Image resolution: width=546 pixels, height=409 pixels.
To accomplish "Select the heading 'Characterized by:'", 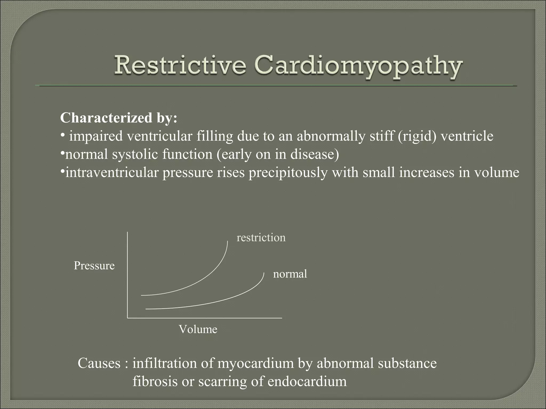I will tap(119, 118).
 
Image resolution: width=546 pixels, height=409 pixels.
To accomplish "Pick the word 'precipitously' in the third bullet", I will tap(288, 173).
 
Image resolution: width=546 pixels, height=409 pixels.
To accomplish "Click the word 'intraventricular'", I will tap(112, 173).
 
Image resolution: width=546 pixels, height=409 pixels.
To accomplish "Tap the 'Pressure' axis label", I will tap(94, 265).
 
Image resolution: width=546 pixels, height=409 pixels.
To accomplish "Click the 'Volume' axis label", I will tap(198, 329).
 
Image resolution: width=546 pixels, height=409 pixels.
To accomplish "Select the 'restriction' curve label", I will tap(261, 238).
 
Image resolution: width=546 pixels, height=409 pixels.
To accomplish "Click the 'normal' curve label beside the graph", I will tap(290, 274).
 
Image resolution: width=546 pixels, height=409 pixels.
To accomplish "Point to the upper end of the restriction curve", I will tap(227, 242).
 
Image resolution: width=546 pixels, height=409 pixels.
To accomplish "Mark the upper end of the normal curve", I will tap(264, 273).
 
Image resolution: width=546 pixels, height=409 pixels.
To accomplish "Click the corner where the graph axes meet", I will tap(128, 318).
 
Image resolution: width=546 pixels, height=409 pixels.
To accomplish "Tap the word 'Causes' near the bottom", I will tap(99, 363).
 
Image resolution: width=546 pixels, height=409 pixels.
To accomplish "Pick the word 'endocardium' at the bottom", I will tap(307, 381).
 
